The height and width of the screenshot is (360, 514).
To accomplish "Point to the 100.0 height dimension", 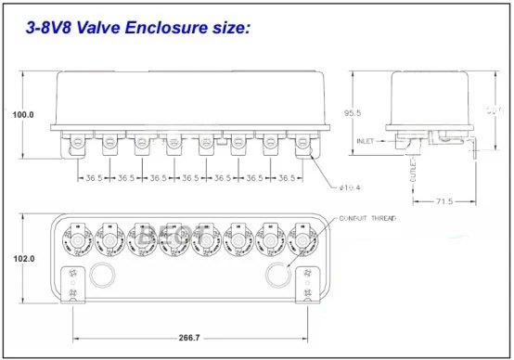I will coord(21,114).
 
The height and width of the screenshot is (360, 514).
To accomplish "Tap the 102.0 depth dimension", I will coord(21,260).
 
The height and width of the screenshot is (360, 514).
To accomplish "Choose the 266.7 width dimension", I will coord(188,340).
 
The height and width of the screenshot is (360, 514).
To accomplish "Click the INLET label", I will coord(367,142).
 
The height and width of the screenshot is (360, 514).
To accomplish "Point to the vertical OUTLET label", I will coord(412,175).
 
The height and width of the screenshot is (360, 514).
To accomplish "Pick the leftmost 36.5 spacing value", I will coord(94,176).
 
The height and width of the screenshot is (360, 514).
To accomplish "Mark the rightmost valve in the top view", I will coord(302,240).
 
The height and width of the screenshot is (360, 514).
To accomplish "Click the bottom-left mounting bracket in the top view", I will coord(71,286).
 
